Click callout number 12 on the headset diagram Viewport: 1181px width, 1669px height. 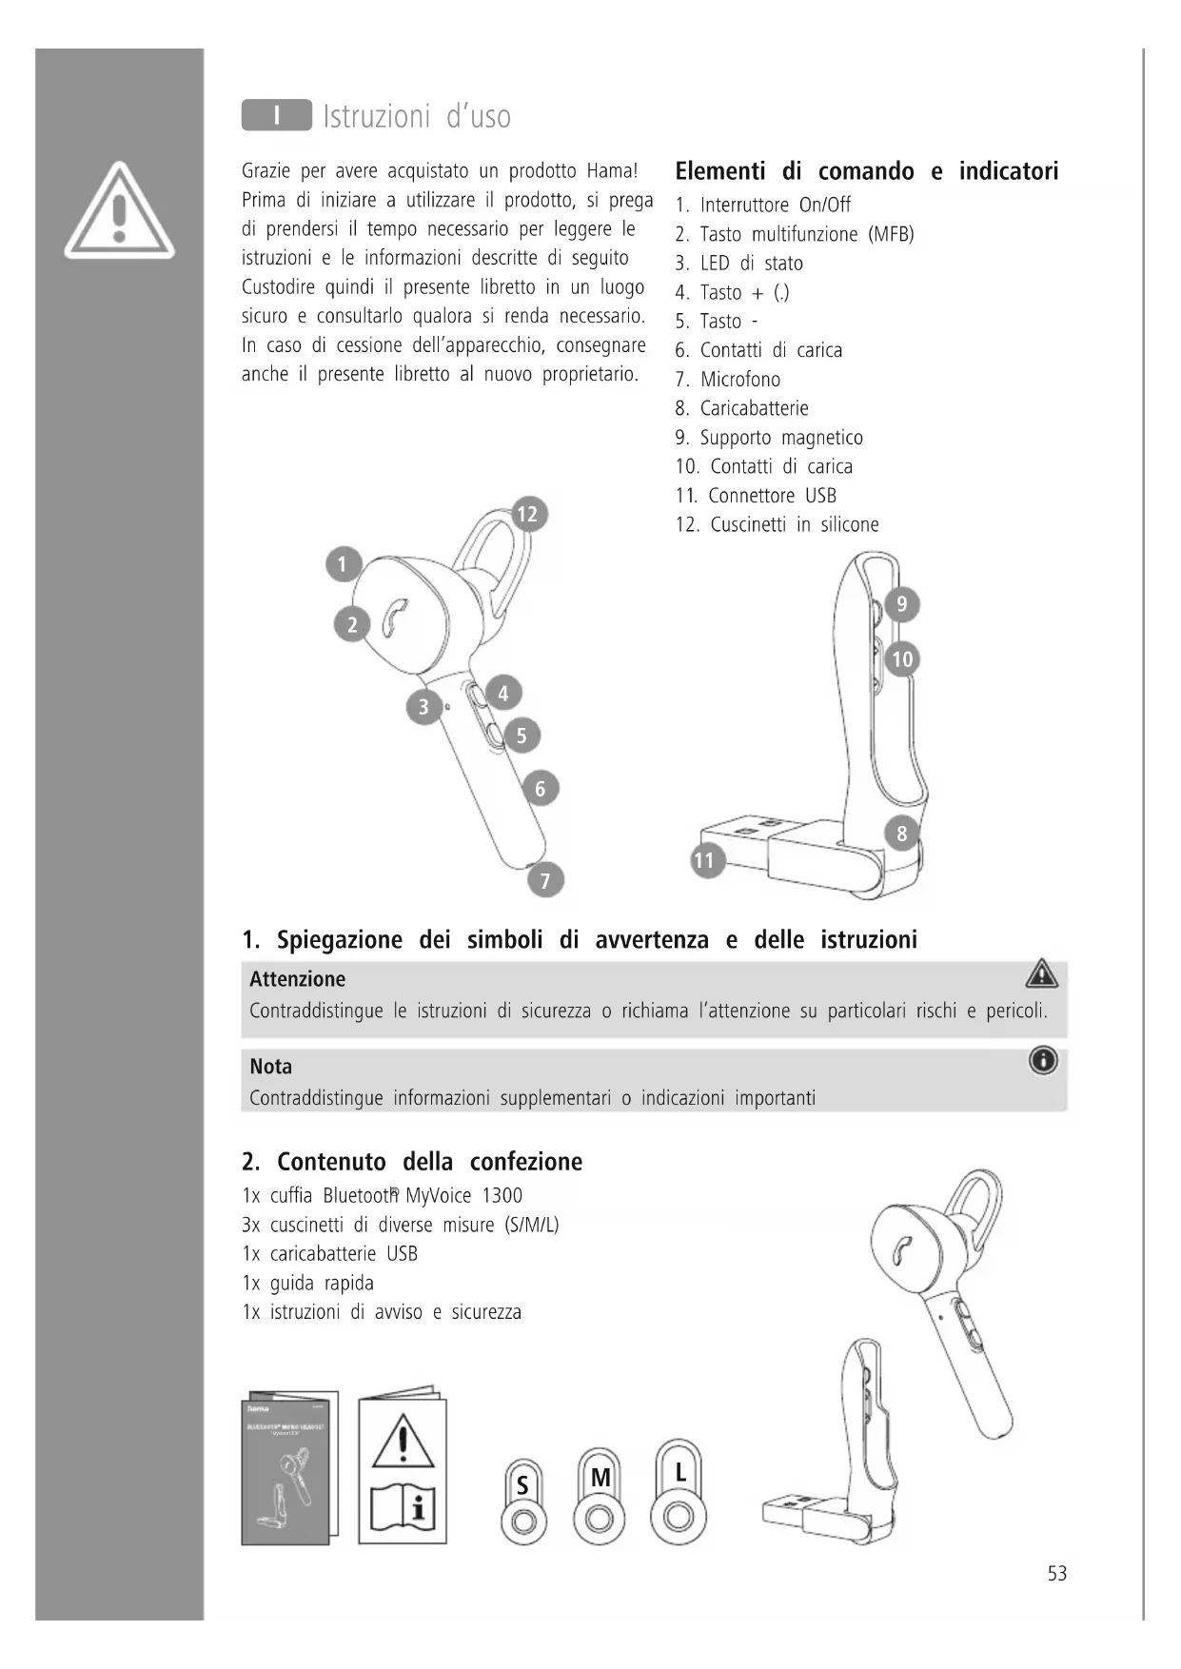click(526, 515)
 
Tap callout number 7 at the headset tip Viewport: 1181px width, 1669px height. click(545, 880)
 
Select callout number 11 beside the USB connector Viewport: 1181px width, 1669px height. click(705, 861)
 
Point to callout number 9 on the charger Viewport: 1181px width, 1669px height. click(902, 604)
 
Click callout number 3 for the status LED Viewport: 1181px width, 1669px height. click(423, 707)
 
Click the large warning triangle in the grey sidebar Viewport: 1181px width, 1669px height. click(119, 210)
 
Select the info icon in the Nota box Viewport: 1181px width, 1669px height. click(1043, 1060)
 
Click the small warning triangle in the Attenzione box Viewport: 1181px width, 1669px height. click(1042, 973)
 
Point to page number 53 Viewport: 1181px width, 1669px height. click(1056, 1574)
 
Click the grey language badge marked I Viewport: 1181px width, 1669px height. click(276, 116)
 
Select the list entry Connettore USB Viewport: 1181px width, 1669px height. click(772, 496)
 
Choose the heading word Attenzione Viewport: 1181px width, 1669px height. click(297, 979)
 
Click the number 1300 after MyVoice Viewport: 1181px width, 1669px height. click(502, 1196)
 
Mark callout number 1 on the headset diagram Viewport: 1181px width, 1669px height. click(343, 564)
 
